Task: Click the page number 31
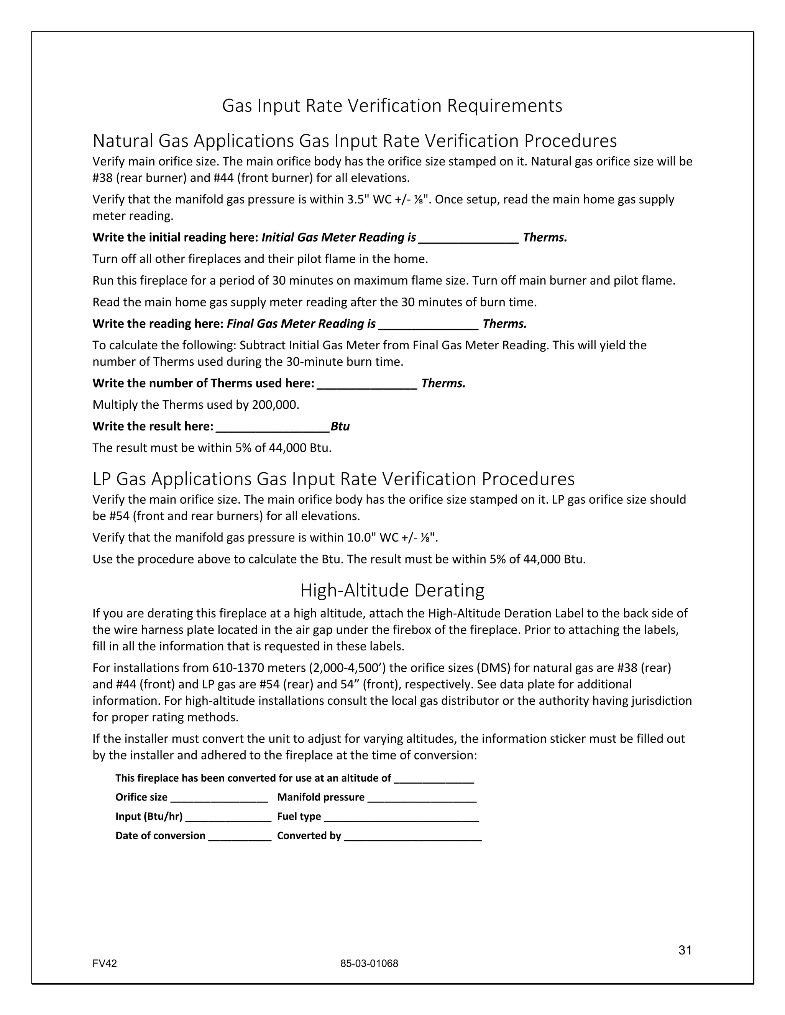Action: pyautogui.click(x=685, y=950)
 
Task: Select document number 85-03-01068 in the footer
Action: pyautogui.click(x=369, y=963)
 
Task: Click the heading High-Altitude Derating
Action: pyautogui.click(x=392, y=590)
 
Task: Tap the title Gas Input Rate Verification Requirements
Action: pyautogui.click(x=392, y=106)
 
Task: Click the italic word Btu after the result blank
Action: pyautogui.click(x=340, y=427)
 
